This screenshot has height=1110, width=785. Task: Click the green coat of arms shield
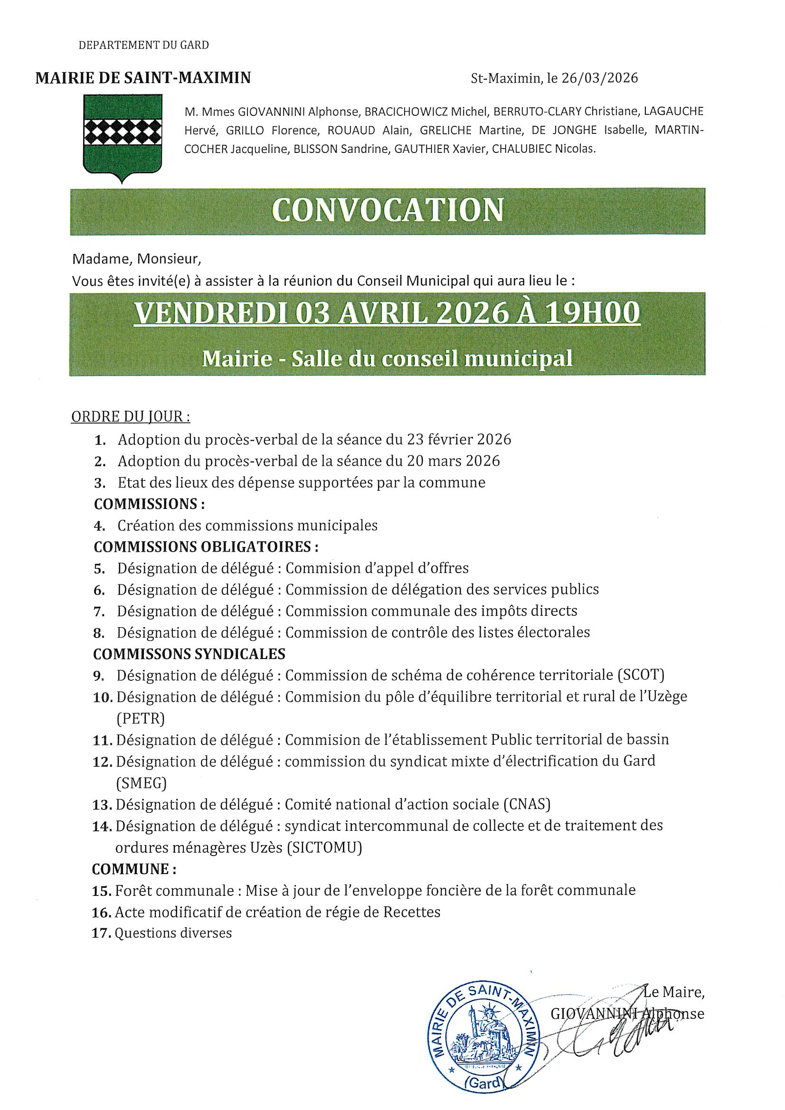(123, 135)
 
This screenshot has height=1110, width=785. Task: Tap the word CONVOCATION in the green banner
(388, 210)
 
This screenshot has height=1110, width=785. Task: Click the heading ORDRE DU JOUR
(130, 417)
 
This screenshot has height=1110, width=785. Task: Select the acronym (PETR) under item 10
(140, 718)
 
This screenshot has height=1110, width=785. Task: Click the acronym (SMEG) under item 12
(141, 783)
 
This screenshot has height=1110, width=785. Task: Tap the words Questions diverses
(173, 933)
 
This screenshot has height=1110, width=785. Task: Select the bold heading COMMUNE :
(134, 869)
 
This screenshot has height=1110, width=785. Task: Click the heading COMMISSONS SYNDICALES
(189, 654)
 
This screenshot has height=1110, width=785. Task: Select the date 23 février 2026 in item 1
(459, 440)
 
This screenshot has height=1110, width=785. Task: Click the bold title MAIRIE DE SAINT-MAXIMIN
(143, 78)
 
